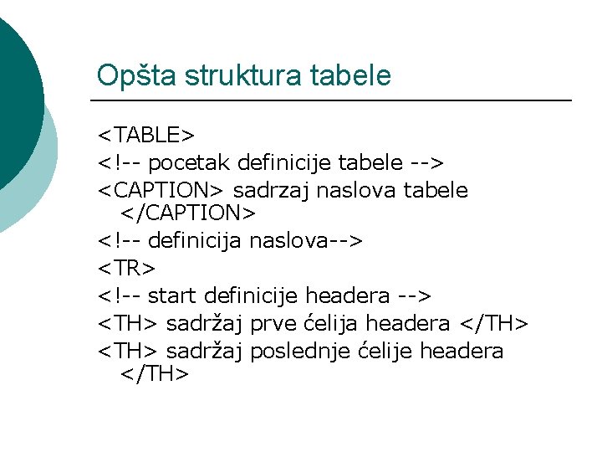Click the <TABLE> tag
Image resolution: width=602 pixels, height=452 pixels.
[x=146, y=135]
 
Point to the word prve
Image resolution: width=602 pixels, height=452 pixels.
[x=273, y=323]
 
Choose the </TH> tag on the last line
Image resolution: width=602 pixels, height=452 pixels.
[x=155, y=375]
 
